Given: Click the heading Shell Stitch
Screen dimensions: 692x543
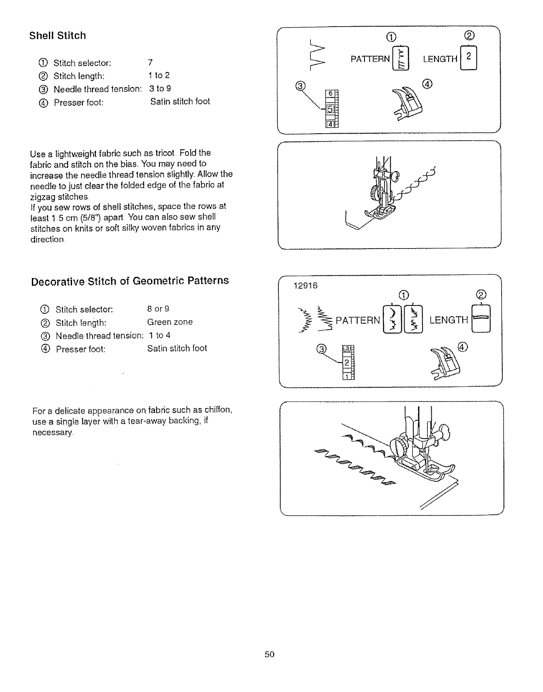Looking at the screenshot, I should (58, 36).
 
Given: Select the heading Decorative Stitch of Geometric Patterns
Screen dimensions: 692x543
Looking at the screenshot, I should (130, 280).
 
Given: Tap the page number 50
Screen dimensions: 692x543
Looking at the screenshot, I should (269, 654).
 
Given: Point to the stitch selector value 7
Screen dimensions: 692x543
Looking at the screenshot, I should (151, 62).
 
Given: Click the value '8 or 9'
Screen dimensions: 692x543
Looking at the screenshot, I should (158, 309).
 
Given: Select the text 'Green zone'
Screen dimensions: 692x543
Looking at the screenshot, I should (170, 322).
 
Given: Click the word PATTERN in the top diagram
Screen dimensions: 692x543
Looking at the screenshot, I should (370, 59).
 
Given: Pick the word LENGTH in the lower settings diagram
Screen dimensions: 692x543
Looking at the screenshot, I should (449, 320).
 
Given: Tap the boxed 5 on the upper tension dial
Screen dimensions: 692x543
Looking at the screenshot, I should (330, 109).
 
